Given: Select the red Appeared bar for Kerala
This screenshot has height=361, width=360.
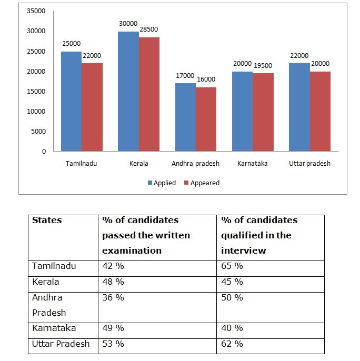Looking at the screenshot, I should click(x=149, y=95).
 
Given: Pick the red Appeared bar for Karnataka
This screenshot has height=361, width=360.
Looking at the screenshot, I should click(x=263, y=112).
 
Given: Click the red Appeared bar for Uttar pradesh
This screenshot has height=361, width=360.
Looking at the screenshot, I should click(x=319, y=112).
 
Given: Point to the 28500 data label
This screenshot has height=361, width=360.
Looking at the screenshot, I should click(x=148, y=29).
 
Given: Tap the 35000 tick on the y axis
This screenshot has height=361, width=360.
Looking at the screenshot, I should click(x=37, y=11).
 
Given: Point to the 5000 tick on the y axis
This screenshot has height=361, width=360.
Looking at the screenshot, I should click(x=39, y=132).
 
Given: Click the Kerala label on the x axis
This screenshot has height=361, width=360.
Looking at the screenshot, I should click(x=138, y=164).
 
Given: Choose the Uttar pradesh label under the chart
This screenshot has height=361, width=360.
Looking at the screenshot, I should click(x=309, y=164).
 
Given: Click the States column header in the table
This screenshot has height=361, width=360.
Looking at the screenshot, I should click(x=47, y=220).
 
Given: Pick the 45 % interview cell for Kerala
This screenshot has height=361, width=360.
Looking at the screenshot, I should click(x=232, y=282).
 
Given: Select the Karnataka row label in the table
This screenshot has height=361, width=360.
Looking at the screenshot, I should click(x=54, y=328).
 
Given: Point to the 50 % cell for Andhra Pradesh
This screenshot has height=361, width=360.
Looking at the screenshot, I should click(x=232, y=298).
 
